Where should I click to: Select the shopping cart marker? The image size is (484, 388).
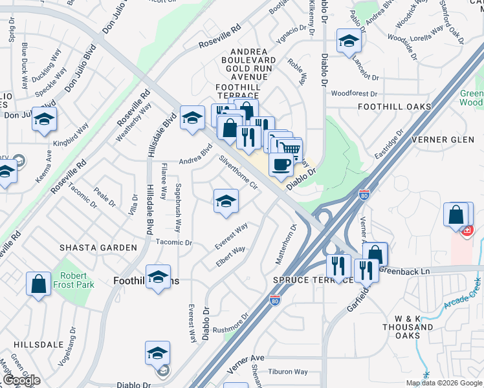pos(290,149)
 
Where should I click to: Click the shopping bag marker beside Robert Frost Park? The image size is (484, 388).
pos(38,283)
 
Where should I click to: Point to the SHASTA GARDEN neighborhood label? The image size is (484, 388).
pos(98,248)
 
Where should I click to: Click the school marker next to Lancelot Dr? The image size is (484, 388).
pos(349,41)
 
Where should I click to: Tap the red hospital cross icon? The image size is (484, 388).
pos(467,229)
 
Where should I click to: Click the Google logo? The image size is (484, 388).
pos(21,380)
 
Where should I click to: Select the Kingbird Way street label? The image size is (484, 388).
pos(71,136)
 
